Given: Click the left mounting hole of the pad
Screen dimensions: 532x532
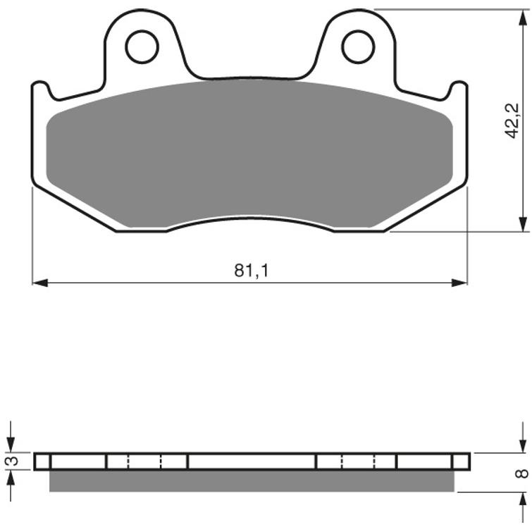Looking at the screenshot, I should [x=142, y=47].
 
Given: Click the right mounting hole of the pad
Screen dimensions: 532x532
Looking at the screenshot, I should [x=358, y=47].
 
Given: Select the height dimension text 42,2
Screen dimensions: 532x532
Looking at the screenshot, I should [x=512, y=120].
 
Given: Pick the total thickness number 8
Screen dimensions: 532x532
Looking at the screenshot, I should [x=521, y=473].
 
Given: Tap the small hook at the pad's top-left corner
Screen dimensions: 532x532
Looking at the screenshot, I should [x=40, y=87].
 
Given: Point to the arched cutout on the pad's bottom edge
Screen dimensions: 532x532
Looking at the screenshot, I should [x=250, y=221].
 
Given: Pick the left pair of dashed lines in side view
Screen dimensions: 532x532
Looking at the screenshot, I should [x=145, y=462].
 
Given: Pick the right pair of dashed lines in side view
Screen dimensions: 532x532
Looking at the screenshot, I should [x=359, y=462].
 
